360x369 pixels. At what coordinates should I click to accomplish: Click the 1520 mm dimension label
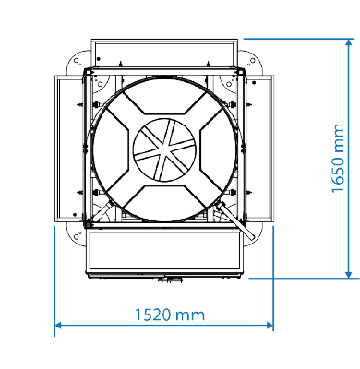coord(170,315)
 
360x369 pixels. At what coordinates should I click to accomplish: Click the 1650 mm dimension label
coord(338,159)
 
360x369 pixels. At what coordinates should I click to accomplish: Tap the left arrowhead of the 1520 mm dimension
coord(58,325)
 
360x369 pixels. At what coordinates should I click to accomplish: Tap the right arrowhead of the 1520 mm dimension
coord(270,325)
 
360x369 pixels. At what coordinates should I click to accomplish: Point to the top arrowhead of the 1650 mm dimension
coord(349,42)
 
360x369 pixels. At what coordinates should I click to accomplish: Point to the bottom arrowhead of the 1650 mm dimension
coord(349,274)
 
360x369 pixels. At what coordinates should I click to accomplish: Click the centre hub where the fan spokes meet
coord(164,149)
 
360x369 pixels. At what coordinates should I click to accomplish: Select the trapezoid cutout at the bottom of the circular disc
coord(164,203)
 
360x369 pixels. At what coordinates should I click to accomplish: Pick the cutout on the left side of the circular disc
coord(111,149)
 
